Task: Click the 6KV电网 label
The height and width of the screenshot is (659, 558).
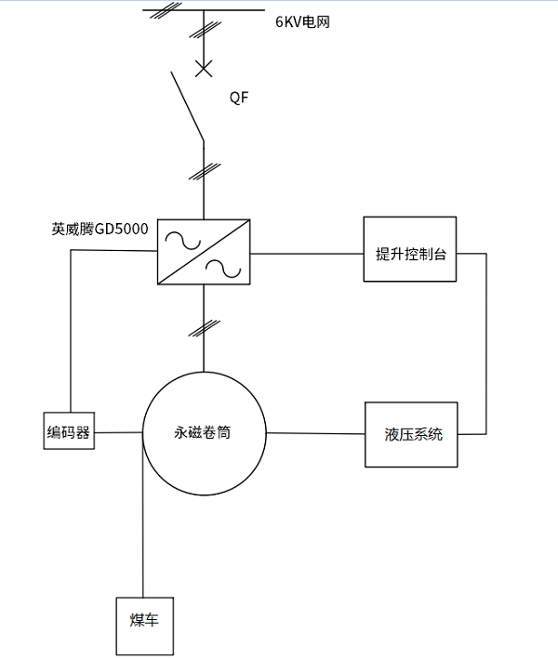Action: point(303,22)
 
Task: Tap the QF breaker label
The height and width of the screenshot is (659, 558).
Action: point(239,97)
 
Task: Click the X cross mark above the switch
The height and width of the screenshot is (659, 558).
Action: point(204,68)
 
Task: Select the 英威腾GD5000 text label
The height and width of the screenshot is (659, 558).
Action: point(100,229)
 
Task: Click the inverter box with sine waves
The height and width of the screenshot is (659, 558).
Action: point(204,252)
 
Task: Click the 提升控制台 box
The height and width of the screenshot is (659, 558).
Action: point(409,252)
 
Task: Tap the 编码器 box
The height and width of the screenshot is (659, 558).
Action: point(71,431)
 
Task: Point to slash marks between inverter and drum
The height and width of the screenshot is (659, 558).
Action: point(204,327)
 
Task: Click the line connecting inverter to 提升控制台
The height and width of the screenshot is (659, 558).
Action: point(307,252)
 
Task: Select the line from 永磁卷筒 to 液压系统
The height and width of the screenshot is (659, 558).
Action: point(316,433)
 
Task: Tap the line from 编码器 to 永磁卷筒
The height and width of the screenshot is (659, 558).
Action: point(119,432)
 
